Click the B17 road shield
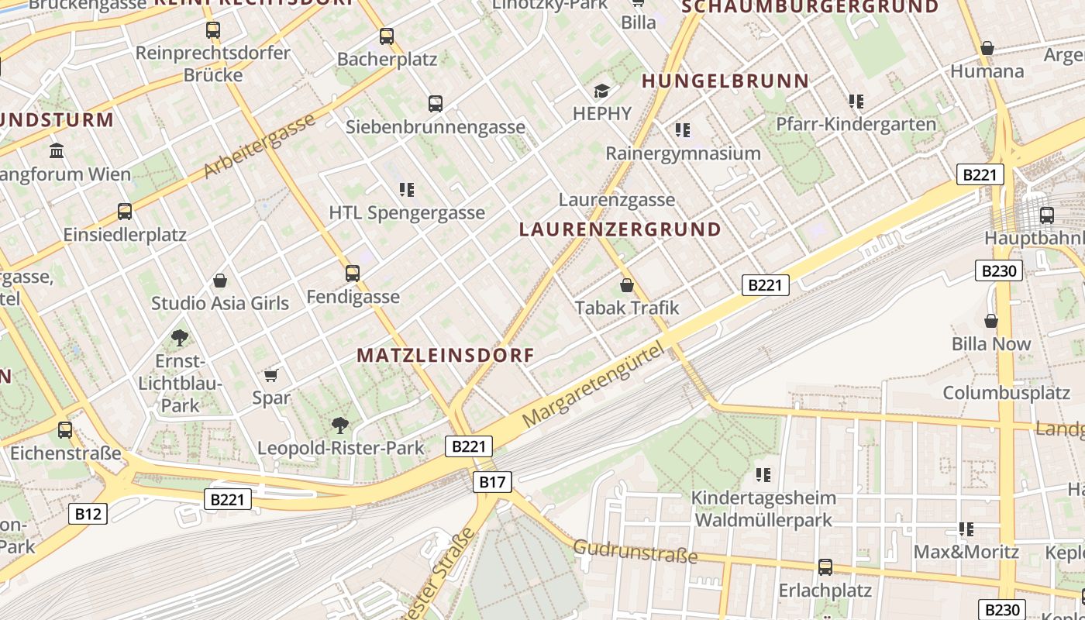[492, 482]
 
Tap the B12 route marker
[88, 513]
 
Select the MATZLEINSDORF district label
[446, 356]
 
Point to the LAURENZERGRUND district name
[620, 229]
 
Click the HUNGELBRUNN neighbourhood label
[725, 81]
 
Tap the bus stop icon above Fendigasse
[353, 273]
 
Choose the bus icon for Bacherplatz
[387, 36]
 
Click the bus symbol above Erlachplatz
[825, 567]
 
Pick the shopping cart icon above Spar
[270, 375]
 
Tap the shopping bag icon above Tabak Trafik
[627, 285]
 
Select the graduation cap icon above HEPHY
[602, 91]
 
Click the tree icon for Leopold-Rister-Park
[339, 425]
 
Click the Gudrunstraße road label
[635, 551]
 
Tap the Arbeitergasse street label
[260, 145]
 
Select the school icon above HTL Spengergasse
[407, 189]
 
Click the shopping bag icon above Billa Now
[990, 321]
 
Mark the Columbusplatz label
[1006, 392]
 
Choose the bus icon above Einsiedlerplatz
[125, 211]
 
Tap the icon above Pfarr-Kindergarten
[856, 101]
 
